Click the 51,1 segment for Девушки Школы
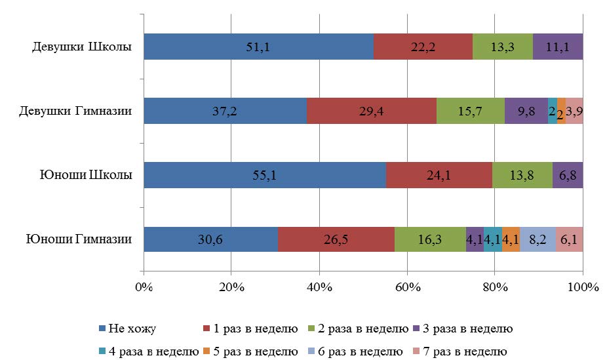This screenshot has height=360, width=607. tap(258, 47)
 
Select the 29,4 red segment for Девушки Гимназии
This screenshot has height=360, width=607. tap(371, 111)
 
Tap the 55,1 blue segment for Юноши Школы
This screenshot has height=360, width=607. tap(265, 175)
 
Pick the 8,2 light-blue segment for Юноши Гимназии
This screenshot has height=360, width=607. tap(538, 239)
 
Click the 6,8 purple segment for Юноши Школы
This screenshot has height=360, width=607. tap(568, 175)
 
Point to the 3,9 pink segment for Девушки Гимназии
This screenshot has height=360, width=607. tap(574, 111)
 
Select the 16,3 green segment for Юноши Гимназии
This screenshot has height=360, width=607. tap(430, 239)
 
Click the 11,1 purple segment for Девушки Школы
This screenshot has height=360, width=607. tap(558, 47)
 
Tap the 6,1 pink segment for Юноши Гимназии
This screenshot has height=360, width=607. tap(569, 239)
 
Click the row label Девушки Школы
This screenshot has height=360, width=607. tap(83, 47)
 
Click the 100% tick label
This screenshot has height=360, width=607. tap(583, 287)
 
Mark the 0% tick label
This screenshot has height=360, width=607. tap(144, 287)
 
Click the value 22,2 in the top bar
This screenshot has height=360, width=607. tap(423, 47)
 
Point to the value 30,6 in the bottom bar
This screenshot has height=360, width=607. tap(211, 240)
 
